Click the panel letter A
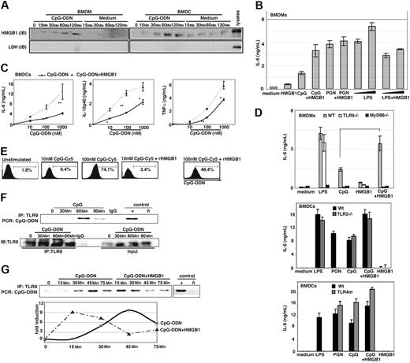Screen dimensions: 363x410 pyautogui.click(x=6, y=6)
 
